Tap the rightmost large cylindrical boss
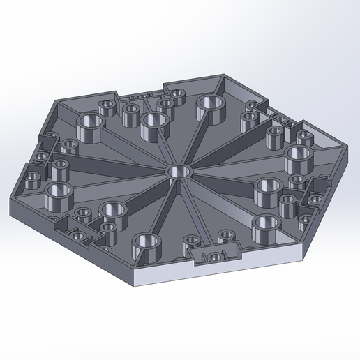coord(297,155)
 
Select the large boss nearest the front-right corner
coord(266,226)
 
